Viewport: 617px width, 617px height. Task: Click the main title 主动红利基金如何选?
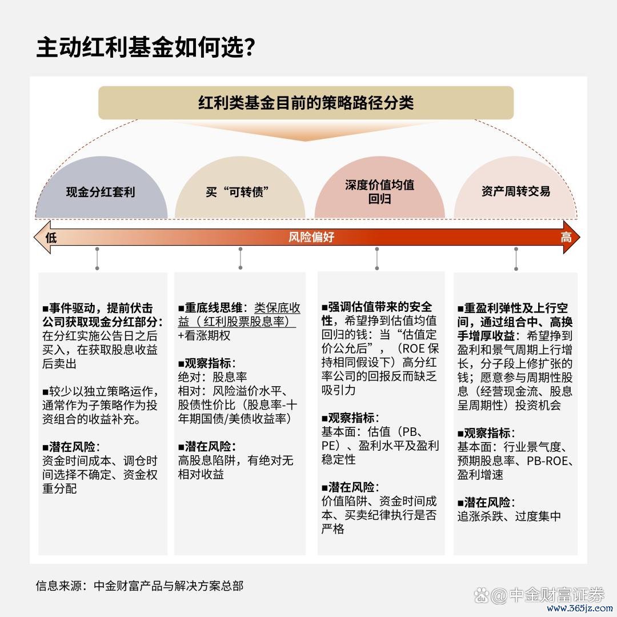pyautogui.click(x=146, y=47)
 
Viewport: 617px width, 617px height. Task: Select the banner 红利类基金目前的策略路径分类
pyautogui.click(x=306, y=103)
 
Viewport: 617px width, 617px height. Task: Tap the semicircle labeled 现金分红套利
pyautogui.click(x=101, y=187)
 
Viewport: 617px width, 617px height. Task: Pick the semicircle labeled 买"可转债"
pyautogui.click(x=240, y=187)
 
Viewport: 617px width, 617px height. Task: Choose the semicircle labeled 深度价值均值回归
pyautogui.click(x=380, y=187)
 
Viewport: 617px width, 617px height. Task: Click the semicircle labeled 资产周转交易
pyautogui.click(x=515, y=187)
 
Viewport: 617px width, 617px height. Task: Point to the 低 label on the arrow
pyautogui.click(x=51, y=238)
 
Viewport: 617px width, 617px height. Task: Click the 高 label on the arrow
pyautogui.click(x=566, y=237)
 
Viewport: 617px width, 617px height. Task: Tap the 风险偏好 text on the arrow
pyautogui.click(x=311, y=237)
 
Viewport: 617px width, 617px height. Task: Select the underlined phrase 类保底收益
pyautogui.click(x=239, y=314)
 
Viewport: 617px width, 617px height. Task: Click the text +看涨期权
pyautogui.click(x=204, y=336)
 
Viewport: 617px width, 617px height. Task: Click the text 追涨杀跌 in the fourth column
pyautogui.click(x=480, y=516)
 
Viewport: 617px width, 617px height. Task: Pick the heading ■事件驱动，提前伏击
pyautogui.click(x=97, y=308)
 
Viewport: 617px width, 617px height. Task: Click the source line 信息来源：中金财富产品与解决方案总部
pyautogui.click(x=140, y=586)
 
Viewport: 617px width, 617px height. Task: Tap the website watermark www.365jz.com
pyautogui.click(x=580, y=608)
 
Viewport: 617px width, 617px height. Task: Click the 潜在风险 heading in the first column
pyautogui.click(x=71, y=447)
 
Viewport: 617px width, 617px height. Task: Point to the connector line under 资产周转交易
pyautogui.click(x=516, y=259)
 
